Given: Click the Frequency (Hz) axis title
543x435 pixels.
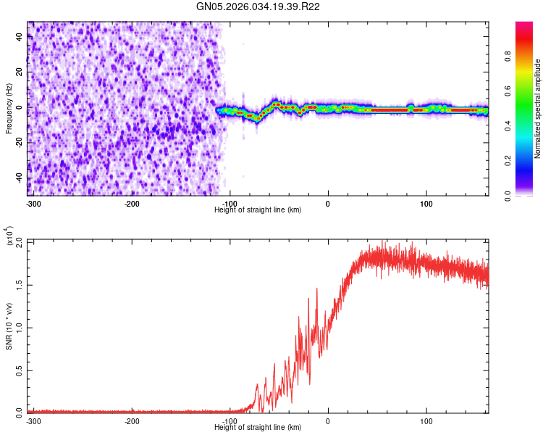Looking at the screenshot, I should click(9, 108).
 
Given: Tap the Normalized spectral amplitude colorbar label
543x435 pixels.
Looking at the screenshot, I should click(538, 108).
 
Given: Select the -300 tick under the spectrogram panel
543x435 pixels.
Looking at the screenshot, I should click(33, 204).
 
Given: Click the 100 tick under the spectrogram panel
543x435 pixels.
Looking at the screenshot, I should click(426, 204).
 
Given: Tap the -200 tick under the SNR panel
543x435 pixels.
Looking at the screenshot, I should click(132, 421).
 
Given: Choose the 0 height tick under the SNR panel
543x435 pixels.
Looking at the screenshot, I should click(328, 421).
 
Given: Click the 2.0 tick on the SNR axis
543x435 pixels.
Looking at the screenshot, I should click(20, 241).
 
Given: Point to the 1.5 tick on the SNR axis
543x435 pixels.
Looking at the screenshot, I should click(20, 283).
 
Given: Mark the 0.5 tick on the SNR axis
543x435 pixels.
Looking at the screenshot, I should click(20, 369).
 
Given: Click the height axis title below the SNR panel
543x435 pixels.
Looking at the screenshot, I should click(258, 428).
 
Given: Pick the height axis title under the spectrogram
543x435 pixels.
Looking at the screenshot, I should click(258, 210).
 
